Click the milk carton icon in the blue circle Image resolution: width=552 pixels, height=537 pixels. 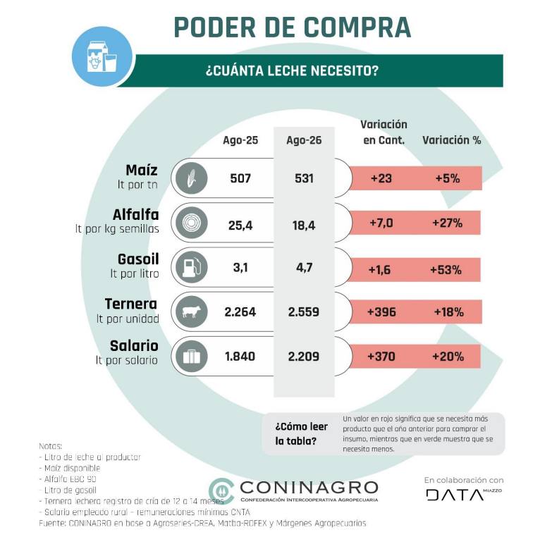coord(102,56)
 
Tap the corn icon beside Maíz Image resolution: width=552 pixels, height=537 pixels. coord(191,178)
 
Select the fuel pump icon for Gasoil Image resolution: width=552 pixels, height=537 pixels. coord(191,267)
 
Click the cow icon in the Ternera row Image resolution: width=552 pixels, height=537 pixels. coord(191,311)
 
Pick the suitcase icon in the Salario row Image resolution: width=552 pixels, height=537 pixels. coord(191,356)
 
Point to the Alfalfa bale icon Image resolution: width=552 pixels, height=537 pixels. coord(191,223)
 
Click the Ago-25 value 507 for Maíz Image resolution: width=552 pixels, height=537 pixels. coord(240,178)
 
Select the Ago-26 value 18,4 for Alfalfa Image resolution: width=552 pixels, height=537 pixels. coord(304,225)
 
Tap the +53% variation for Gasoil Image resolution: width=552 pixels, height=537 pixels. coord(446,270)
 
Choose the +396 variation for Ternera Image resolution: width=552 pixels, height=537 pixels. coord(381,311)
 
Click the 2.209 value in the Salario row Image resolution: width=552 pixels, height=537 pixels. coord(303,357)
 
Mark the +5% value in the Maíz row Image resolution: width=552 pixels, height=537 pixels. coord(448,178)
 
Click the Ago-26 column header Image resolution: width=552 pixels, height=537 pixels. coord(304,140)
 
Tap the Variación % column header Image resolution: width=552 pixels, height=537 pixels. coord(452,140)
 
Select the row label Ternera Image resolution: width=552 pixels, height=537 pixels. coord(131,303)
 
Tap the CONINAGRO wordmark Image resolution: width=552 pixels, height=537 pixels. coord(309,488)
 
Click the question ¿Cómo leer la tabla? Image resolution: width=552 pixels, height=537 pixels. coord(301,433)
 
